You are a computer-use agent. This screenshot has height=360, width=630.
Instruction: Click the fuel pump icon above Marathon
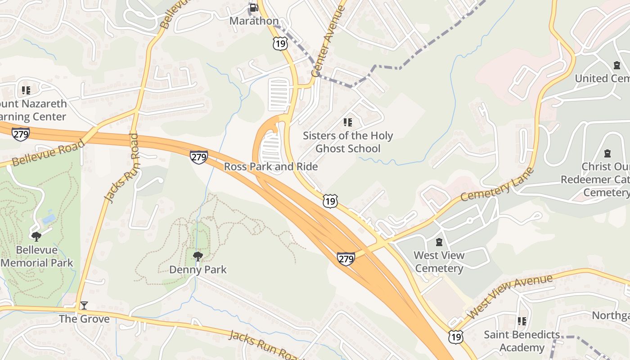coord(254,7)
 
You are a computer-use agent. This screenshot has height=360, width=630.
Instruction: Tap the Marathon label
coord(254,21)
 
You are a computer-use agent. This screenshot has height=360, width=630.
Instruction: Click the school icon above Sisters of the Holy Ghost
coord(347,122)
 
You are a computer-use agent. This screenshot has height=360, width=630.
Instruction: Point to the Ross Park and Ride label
coord(271,166)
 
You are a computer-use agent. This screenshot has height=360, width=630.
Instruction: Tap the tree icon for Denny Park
coord(198,256)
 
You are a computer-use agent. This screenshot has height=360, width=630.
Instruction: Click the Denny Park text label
coord(198,270)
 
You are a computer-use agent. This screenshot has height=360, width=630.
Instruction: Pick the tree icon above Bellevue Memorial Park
coord(36,236)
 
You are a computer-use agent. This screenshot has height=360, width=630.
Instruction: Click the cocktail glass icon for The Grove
coord(84,306)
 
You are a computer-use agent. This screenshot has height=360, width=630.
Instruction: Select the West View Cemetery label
coord(439,262)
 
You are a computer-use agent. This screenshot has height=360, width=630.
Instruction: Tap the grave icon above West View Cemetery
coord(439,243)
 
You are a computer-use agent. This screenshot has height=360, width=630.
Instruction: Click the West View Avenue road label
coord(509,297)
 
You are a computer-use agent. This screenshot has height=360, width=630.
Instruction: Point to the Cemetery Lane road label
coord(497,185)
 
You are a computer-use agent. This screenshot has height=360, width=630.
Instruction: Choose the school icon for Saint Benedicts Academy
coord(522,321)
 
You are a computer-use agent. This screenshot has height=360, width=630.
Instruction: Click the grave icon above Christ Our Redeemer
coord(607,153)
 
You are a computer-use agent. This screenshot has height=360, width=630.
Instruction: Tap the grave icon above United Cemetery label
coord(616,66)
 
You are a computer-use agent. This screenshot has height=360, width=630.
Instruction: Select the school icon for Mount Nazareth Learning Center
coord(26,90)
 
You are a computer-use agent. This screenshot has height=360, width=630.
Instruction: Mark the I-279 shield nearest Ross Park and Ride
coord(198,157)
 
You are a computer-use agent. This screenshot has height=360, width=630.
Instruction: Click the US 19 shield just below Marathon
coord(280,44)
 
